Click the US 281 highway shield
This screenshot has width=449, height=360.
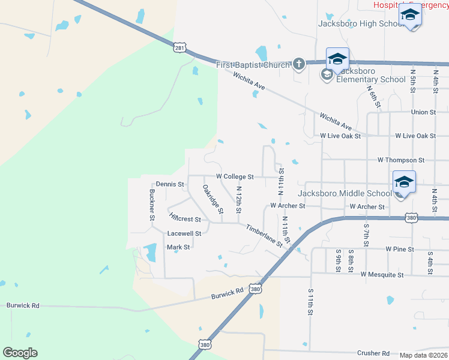(x=180, y=47)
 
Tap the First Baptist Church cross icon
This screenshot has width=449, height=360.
(x=298, y=64)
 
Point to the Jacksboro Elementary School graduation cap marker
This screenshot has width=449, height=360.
(x=337, y=59)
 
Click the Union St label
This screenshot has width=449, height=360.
(x=423, y=112)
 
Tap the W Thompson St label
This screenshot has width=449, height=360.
(x=400, y=161)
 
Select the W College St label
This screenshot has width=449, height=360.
(x=235, y=177)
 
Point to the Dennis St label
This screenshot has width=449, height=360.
(x=169, y=184)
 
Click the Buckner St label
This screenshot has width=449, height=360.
(x=151, y=205)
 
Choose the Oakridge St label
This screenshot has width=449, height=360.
(x=212, y=199)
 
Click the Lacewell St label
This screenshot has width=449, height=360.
(x=184, y=233)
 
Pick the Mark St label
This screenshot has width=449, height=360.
(x=178, y=247)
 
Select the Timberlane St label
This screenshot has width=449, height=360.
(x=264, y=236)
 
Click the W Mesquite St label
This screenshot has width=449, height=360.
(x=382, y=275)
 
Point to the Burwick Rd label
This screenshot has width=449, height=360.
(x=227, y=294)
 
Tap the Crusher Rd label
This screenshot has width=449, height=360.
(x=373, y=353)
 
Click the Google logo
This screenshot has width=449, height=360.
(x=20, y=353)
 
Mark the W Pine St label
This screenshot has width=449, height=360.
(x=400, y=248)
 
